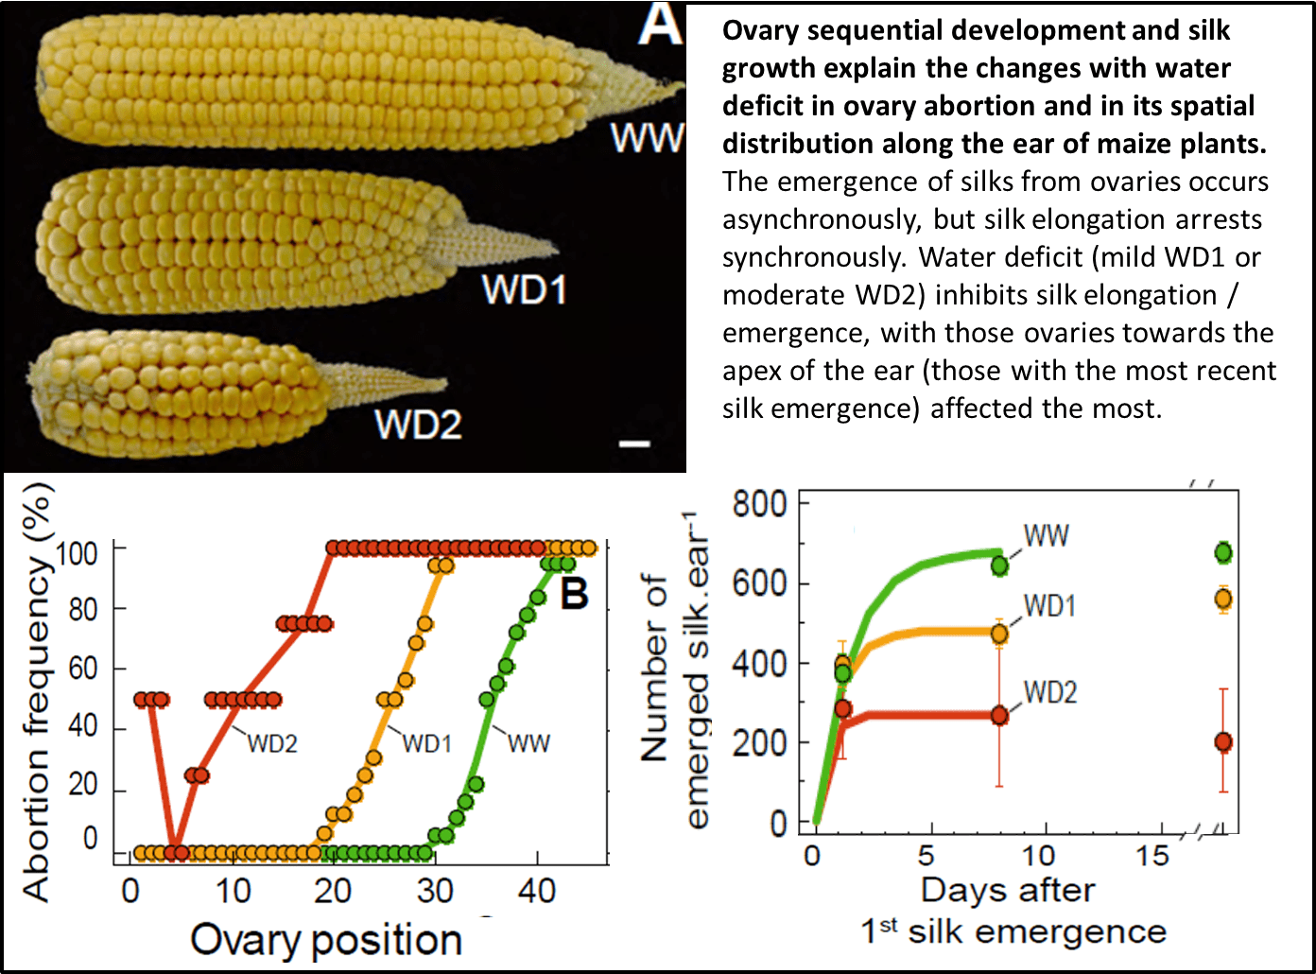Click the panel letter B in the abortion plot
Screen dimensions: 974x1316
point(574,594)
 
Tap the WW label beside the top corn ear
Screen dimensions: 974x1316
point(647,138)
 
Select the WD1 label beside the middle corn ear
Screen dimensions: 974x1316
point(524,289)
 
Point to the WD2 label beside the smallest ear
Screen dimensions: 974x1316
point(418,424)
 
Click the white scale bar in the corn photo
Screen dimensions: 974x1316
point(634,443)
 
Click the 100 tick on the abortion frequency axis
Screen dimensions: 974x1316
point(78,552)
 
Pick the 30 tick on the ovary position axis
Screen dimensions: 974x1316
point(434,891)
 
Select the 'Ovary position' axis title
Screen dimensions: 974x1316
point(326,940)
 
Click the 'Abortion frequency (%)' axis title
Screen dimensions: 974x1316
point(36,690)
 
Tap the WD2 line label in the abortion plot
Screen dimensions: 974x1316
point(272,744)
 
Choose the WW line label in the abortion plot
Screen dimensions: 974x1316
point(528,744)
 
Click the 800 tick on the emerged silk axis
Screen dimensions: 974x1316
point(759,504)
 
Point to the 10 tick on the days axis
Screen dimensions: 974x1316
point(1038,856)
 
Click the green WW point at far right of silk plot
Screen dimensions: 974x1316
point(1223,552)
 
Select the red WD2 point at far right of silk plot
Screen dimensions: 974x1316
point(1223,742)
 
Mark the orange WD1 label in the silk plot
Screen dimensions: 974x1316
point(1049,606)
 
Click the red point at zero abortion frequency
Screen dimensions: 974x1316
point(175,852)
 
